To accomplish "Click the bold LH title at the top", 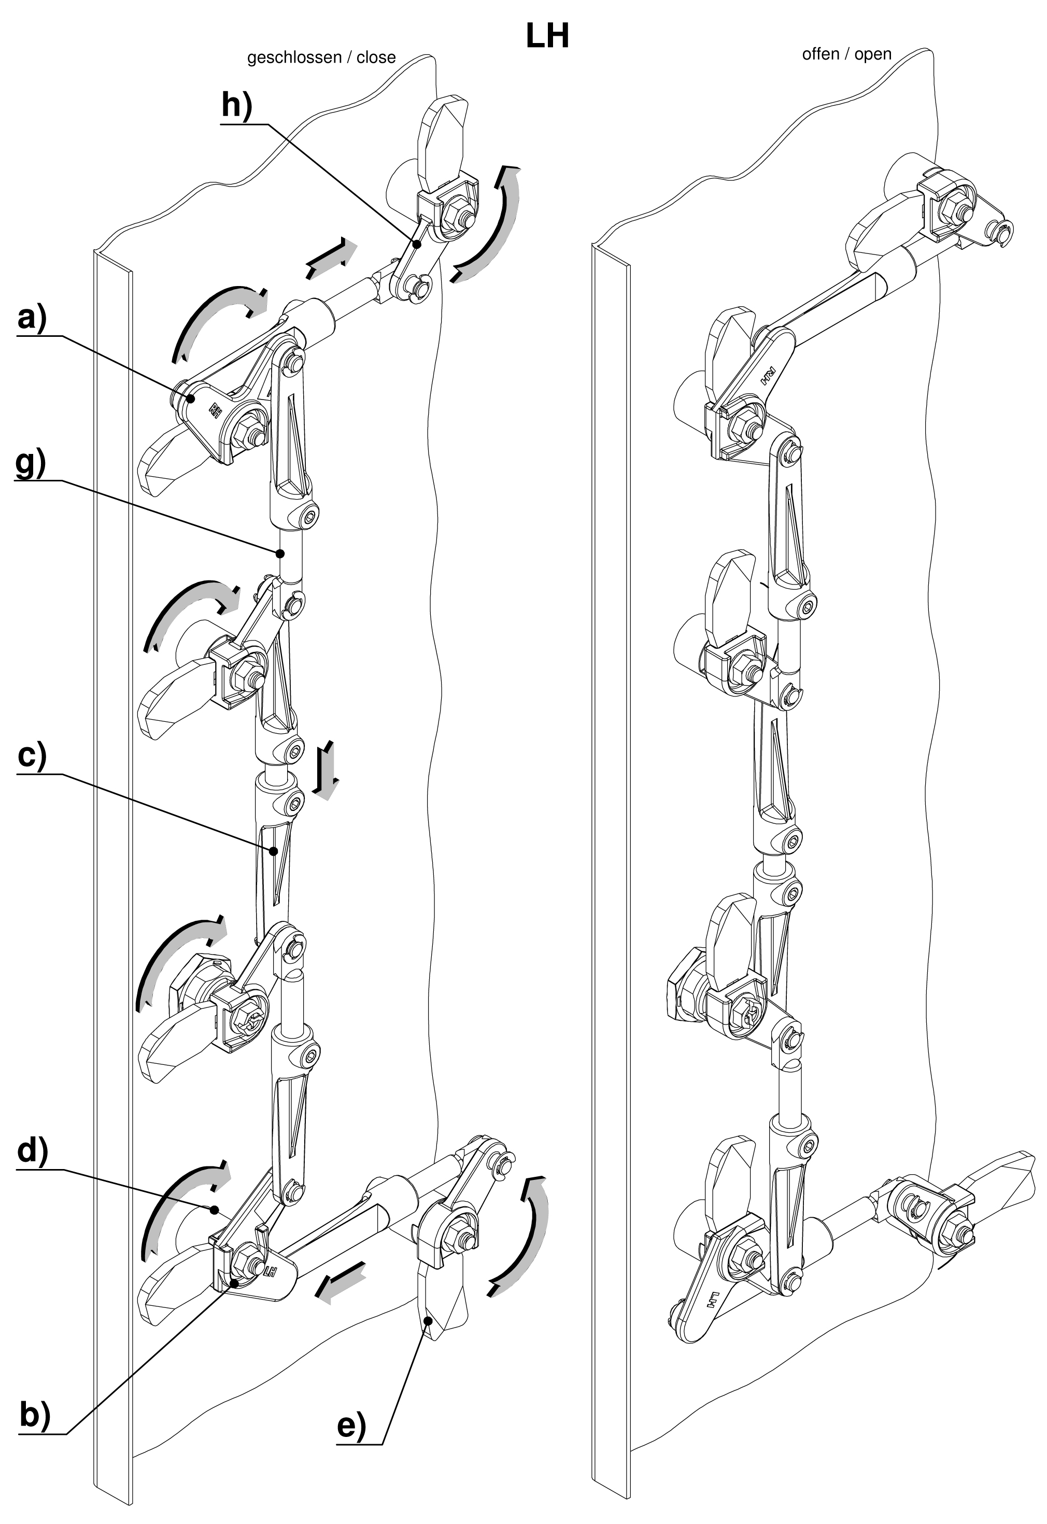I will click(x=547, y=37).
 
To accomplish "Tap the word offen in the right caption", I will click(x=820, y=54).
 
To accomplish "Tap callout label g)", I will click(x=30, y=465).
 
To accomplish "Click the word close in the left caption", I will click(x=376, y=58).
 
